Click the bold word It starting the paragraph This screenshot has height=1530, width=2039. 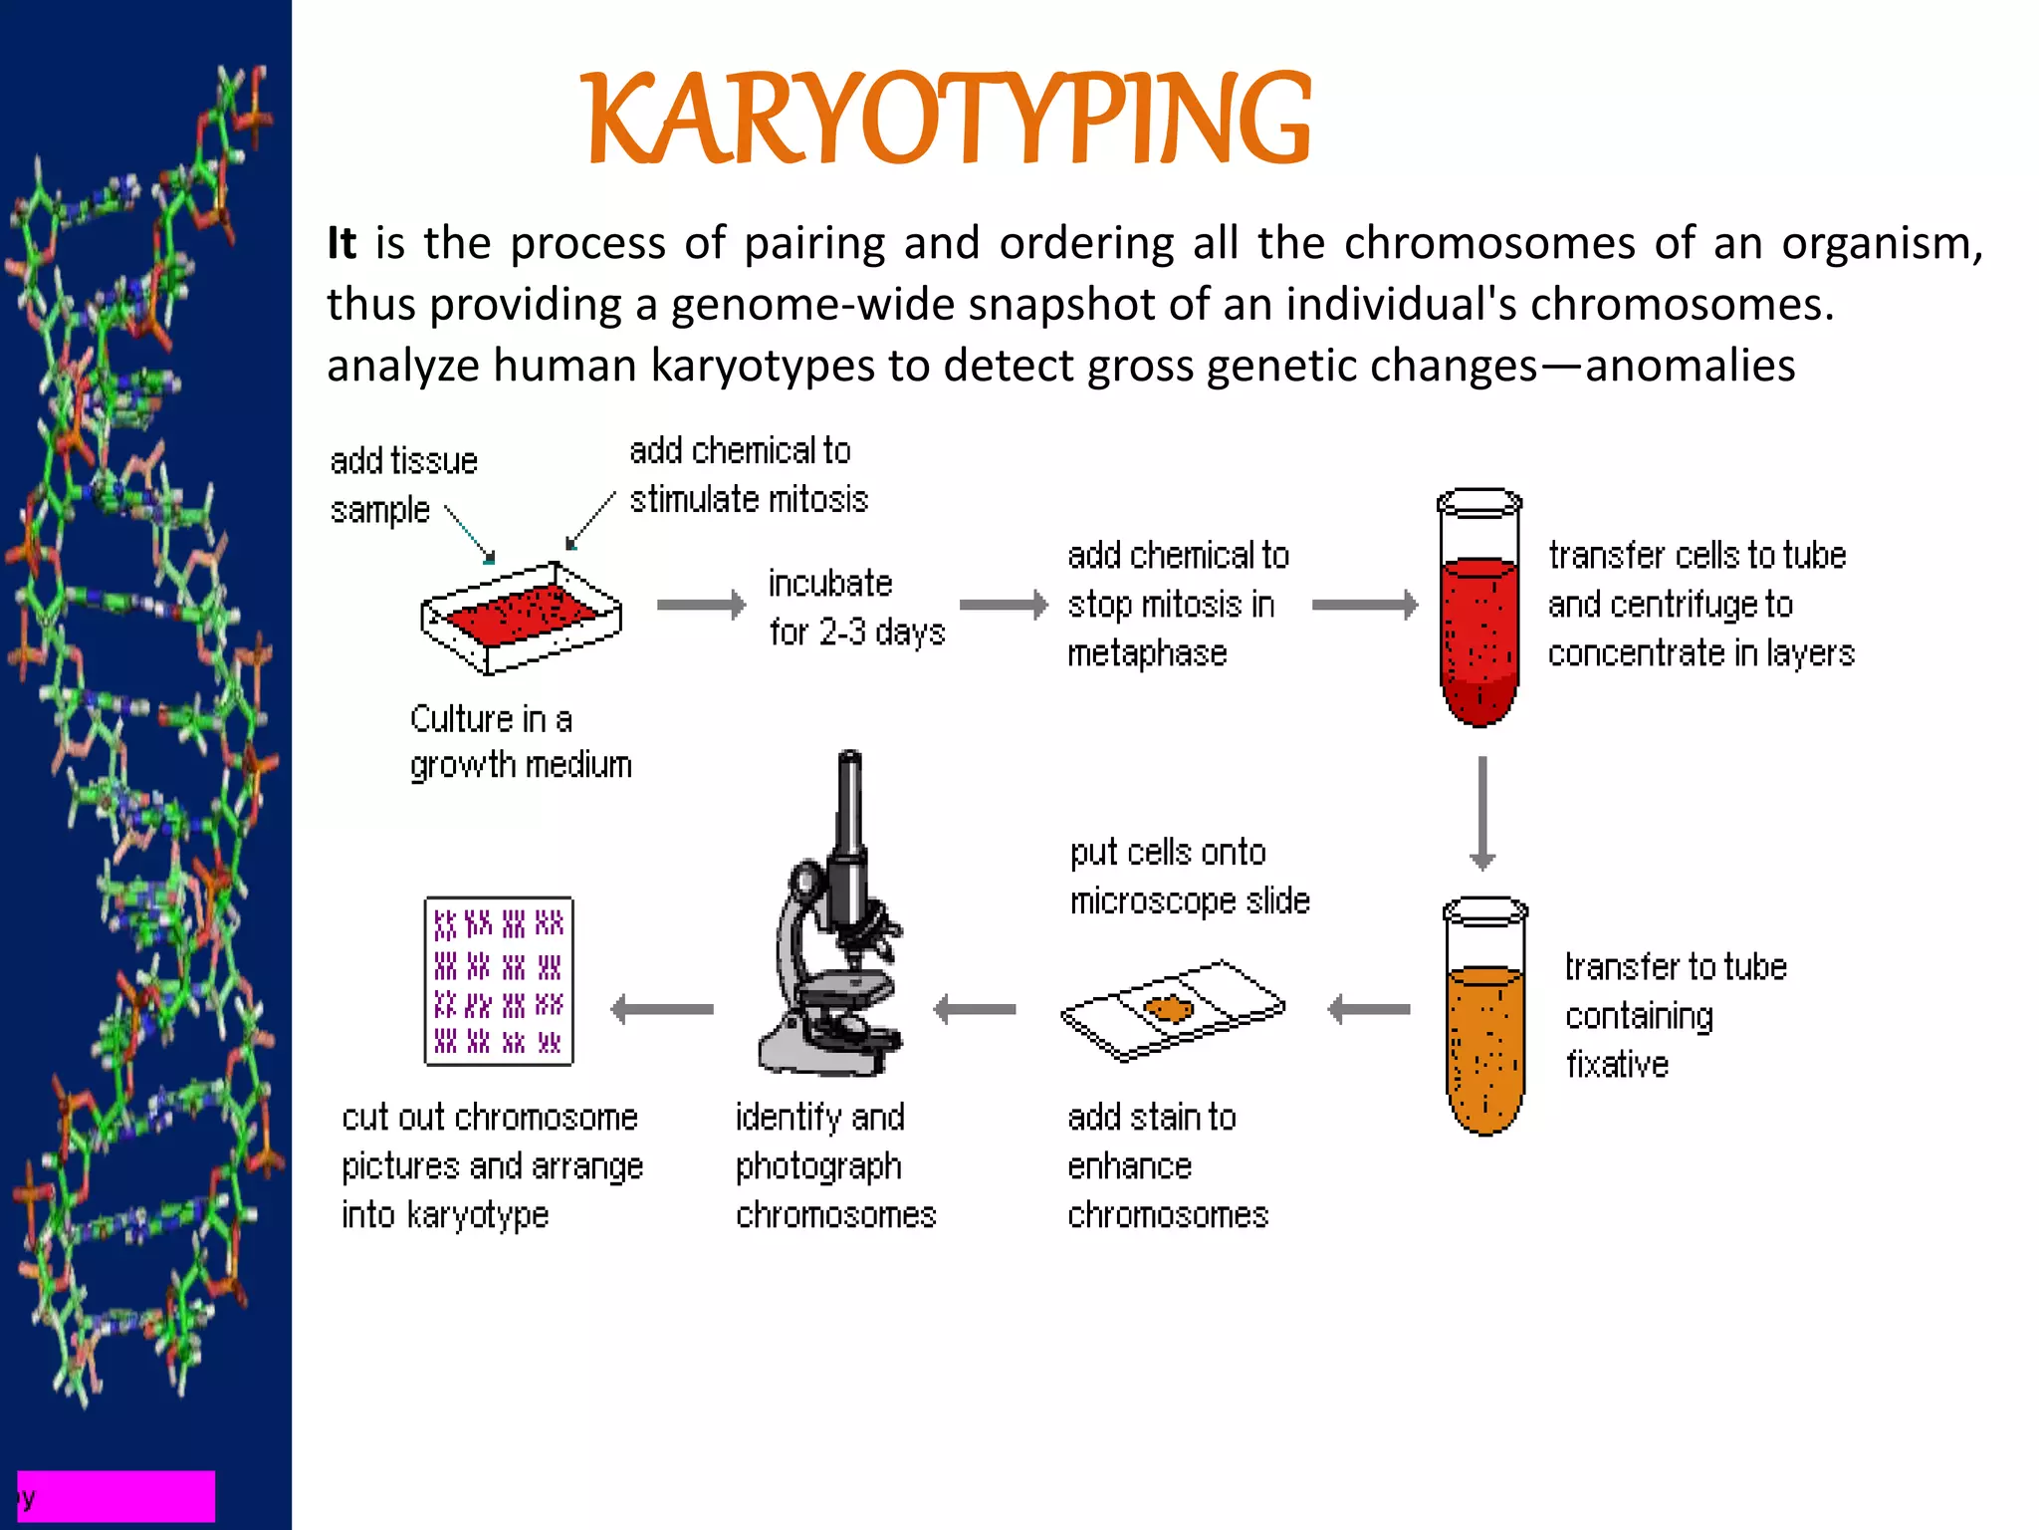tap(341, 243)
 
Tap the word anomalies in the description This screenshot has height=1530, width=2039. tap(1690, 366)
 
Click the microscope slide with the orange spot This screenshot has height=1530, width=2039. tap(1172, 1010)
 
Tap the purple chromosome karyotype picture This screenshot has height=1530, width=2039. tap(499, 981)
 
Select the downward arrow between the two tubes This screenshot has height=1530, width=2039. tap(1482, 813)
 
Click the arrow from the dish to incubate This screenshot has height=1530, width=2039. tap(701, 605)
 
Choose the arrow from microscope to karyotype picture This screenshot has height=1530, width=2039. tap(662, 1009)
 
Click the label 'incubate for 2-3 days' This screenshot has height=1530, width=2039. tap(856, 608)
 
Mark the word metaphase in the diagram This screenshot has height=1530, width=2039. tap(1147, 653)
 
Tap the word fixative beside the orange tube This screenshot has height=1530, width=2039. tap(1617, 1065)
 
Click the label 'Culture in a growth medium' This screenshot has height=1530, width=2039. tap(520, 742)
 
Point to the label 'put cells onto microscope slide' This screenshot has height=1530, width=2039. tap(1189, 877)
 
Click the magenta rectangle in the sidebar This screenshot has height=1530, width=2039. tap(116, 1495)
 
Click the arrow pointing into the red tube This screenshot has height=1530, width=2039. tap(1365, 605)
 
